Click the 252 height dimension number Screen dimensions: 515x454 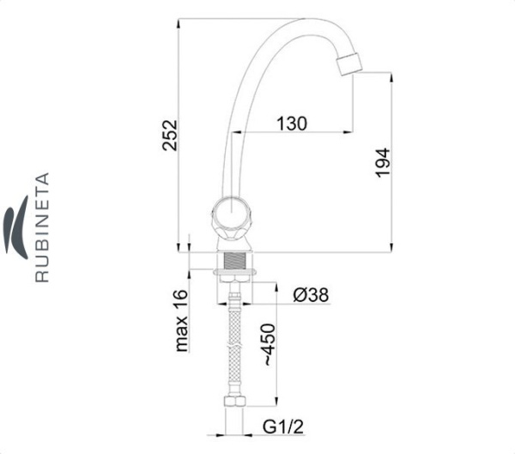[x=170, y=135]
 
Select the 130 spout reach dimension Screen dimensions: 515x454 [x=292, y=124]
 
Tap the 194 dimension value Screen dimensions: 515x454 [x=383, y=163]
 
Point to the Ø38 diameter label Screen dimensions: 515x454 [x=311, y=294]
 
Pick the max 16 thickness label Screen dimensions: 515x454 [x=182, y=321]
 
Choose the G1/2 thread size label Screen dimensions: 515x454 [x=283, y=427]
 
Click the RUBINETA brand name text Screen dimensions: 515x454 [x=42, y=227]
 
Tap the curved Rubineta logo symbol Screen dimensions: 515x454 [x=16, y=227]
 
